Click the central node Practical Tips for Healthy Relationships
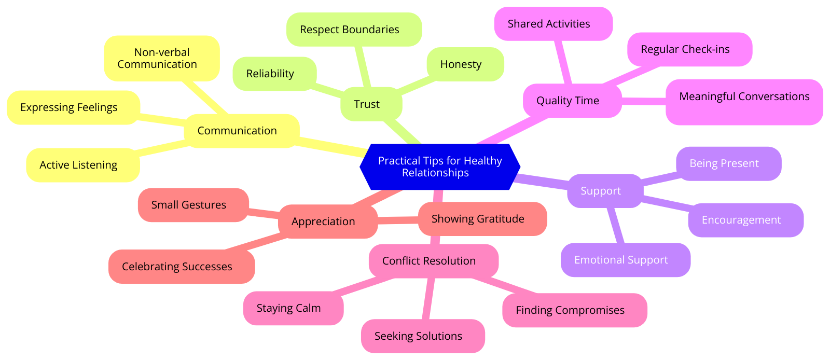tap(439, 167)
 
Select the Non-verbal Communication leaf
tap(161, 58)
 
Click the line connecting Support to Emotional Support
tap(615, 225)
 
